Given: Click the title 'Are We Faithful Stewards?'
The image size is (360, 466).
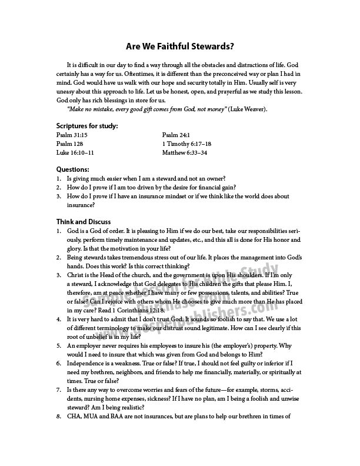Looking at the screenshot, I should coord(180,46).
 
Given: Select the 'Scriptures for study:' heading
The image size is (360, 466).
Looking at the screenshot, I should coord(87,126).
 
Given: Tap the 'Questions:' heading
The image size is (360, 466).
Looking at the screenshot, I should coord(72,169).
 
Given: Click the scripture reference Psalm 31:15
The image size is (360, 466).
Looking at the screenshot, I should coord(71,135).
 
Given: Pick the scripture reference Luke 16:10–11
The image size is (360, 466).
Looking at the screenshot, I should coord(75,152).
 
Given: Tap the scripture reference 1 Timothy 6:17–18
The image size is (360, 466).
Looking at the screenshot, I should coord(186,144).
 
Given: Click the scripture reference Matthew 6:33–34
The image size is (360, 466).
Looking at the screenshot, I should coord(185,152).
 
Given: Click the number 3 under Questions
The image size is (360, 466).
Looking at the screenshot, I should coord(59,197).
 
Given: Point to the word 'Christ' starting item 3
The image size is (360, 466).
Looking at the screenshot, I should coord(76,274).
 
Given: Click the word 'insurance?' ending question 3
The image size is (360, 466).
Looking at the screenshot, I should coord(81,205).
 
